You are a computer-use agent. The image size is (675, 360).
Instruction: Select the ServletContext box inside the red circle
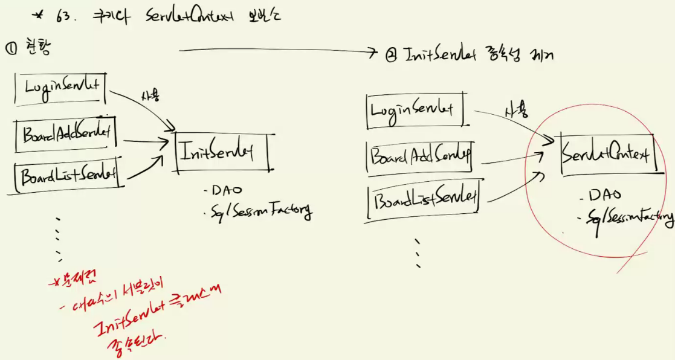click(606, 155)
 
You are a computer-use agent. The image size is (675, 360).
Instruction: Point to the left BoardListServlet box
click(66, 177)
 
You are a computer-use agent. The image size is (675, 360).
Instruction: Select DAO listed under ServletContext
click(607, 196)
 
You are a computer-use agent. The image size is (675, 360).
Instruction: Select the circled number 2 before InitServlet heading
click(390, 56)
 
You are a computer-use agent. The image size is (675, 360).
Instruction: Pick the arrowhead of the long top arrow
click(373, 53)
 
